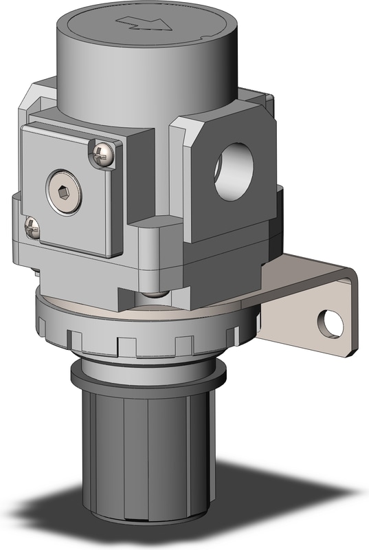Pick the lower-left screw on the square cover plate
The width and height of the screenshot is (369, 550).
pos(31,227)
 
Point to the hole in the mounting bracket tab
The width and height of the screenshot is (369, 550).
pos(331,323)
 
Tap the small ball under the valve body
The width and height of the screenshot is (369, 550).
pos(155,294)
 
